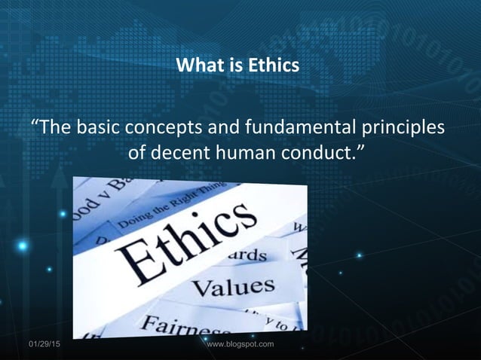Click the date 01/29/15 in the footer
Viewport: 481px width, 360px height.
46,344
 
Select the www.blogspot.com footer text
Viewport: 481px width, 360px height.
240,344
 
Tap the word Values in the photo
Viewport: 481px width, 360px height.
232,287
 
